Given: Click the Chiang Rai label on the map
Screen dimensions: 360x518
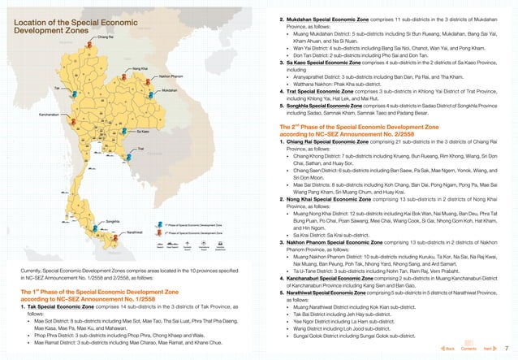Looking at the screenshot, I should [106, 37].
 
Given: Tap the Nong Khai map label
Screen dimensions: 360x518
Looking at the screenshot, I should [140, 69].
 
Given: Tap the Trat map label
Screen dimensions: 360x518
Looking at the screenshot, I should [140, 150].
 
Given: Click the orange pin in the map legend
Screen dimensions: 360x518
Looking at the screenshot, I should [157, 232].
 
